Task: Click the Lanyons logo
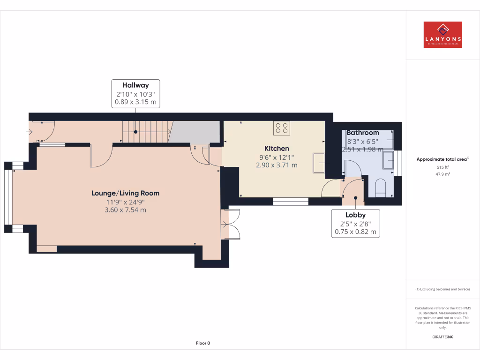[442, 35]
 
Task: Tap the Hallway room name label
[135, 85]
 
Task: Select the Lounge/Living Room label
[125, 193]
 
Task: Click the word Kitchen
[277, 148]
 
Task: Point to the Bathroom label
[362, 133]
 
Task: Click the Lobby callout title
[355, 215]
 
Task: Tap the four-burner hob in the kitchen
[282, 128]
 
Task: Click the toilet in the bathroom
[380, 188]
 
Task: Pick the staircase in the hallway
[145, 131]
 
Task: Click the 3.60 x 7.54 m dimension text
[125, 210]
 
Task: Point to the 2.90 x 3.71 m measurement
[277, 165]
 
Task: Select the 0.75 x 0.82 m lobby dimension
[355, 232]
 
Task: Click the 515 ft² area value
[443, 167]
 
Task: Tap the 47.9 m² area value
[443, 174]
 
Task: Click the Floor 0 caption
[203, 343]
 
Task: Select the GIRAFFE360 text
[443, 337]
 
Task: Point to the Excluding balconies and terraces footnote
[443, 289]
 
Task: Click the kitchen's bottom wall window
[291, 202]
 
